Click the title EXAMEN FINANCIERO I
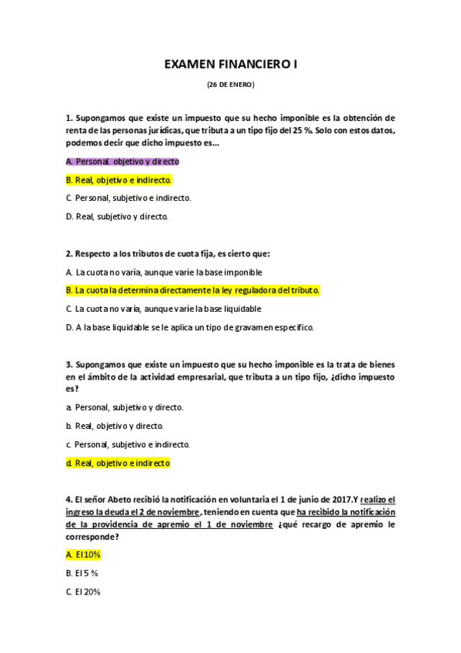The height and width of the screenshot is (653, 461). click(x=230, y=66)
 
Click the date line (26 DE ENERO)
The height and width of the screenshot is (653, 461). click(x=230, y=84)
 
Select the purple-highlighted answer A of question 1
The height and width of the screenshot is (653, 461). click(x=122, y=162)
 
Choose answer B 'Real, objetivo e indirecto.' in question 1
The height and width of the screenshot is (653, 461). click(x=119, y=180)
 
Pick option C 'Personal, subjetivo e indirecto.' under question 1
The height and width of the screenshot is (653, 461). click(x=129, y=198)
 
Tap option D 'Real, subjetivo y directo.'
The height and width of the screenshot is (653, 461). click(x=117, y=216)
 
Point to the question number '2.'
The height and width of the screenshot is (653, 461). click(x=69, y=253)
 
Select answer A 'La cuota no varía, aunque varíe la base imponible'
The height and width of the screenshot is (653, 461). click(x=164, y=272)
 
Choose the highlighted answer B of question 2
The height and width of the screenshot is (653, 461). click(x=192, y=290)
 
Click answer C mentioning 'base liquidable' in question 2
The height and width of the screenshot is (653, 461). click(x=163, y=309)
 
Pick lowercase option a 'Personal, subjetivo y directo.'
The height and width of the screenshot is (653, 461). click(x=125, y=407)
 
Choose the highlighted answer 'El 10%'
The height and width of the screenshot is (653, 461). click(x=84, y=554)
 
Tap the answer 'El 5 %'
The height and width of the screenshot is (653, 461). click(x=82, y=574)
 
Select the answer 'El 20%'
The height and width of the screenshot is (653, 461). click(x=83, y=592)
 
